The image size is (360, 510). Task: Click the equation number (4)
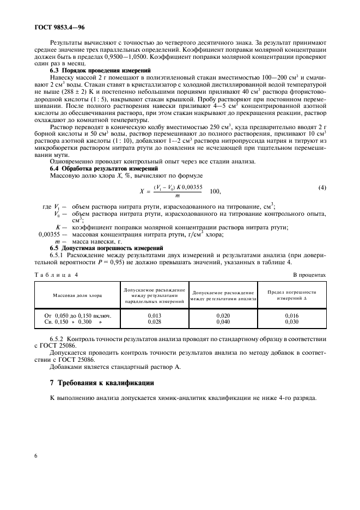coord(322,188)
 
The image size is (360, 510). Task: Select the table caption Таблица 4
coord(57,275)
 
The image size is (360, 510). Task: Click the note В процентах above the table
coord(309,275)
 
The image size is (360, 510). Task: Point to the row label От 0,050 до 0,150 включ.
coord(77,315)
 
